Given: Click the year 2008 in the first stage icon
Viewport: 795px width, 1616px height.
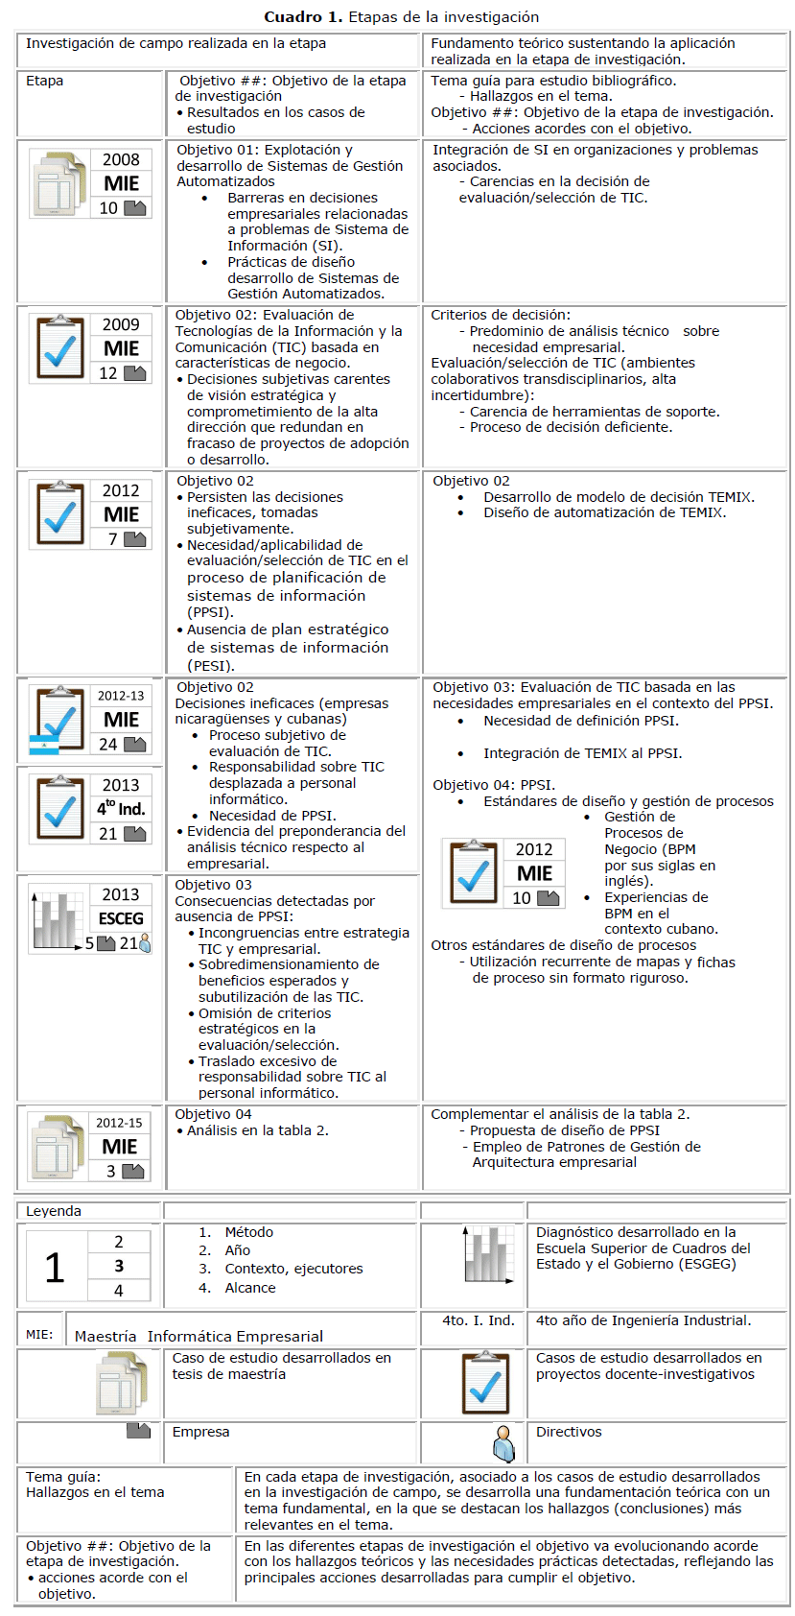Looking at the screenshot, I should (x=121, y=159).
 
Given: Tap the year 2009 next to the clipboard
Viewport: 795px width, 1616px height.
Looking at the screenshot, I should (x=121, y=324).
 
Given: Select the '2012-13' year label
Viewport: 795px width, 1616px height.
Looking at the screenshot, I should (x=121, y=696).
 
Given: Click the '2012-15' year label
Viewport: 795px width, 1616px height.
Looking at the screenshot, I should (x=119, y=1123).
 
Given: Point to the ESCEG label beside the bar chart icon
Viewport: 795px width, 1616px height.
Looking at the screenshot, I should (x=121, y=918).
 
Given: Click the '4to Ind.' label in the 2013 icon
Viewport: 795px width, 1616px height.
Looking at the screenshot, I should (x=121, y=809).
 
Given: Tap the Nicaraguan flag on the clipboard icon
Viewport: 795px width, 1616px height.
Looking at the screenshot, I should (x=43, y=746).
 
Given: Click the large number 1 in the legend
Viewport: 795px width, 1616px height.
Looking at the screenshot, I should (x=55, y=1267).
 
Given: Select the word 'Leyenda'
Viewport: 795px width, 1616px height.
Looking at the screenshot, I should (x=54, y=1211).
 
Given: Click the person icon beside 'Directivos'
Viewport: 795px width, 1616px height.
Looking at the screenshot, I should (x=503, y=1443).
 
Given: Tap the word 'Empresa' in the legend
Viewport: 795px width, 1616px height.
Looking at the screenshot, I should (x=200, y=1432).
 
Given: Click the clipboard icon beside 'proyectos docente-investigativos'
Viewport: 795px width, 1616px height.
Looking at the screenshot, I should (x=485, y=1383).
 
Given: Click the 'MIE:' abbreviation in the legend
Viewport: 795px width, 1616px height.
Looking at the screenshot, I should (x=39, y=1335).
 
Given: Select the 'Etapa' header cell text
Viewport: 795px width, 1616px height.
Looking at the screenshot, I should (x=44, y=81).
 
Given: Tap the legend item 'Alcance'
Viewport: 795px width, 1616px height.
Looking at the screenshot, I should (x=250, y=1288).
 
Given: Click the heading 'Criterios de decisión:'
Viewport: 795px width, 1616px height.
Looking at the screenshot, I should (x=501, y=315).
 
